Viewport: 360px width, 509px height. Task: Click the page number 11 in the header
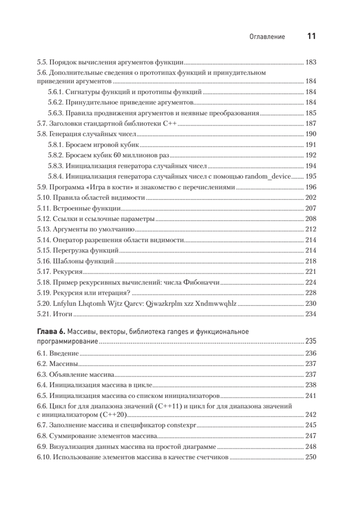click(x=311, y=36)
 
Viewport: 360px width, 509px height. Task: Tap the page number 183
click(x=311, y=62)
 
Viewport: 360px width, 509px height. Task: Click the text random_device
click(x=269, y=176)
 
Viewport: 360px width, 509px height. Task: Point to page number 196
click(x=311, y=187)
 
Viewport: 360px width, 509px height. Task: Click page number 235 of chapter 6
click(x=311, y=341)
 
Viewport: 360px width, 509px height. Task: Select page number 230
click(x=311, y=303)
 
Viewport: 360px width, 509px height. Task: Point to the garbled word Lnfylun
click(x=62, y=303)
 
